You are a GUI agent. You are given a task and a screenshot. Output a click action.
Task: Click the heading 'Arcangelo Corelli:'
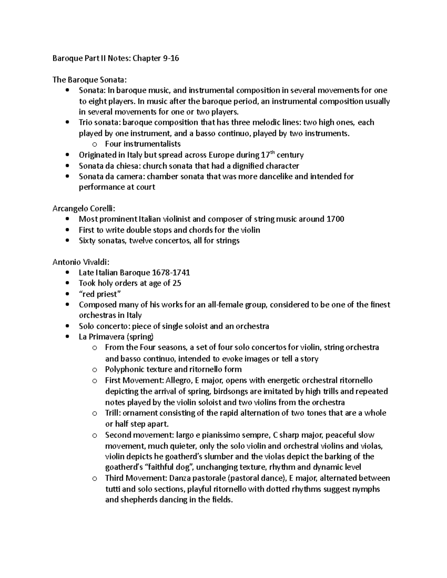[81, 208]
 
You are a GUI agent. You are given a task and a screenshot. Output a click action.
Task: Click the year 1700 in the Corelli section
[335, 219]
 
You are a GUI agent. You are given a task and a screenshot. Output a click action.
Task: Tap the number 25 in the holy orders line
[177, 284]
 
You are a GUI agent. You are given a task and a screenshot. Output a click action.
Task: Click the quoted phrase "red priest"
[100, 294]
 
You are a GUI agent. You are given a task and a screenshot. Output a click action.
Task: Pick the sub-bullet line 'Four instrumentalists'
[143, 144]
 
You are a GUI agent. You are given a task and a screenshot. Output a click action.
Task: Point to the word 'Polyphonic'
[123, 370]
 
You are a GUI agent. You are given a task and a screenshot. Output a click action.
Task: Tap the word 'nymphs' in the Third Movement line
[366, 489]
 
